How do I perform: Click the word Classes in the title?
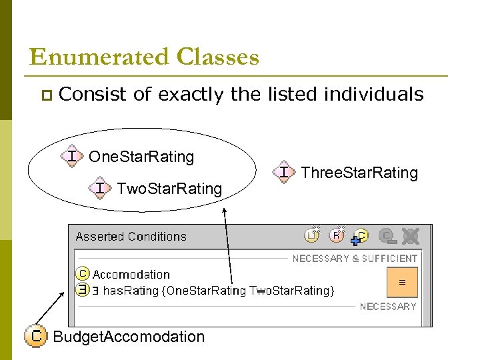(x=217, y=57)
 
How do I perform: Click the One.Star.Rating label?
(x=141, y=157)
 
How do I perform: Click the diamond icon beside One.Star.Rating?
(x=72, y=156)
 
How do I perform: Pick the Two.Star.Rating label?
(x=169, y=189)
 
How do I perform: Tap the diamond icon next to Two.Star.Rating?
(x=100, y=189)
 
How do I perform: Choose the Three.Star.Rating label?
(x=359, y=173)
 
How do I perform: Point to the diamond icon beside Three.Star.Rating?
(x=284, y=172)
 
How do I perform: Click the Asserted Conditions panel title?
(x=131, y=236)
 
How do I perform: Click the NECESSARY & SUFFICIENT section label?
(x=355, y=258)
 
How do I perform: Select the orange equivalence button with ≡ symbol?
(x=402, y=282)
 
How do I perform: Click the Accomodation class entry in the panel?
(x=131, y=274)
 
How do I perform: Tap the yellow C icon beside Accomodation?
(x=82, y=274)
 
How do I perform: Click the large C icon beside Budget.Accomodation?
(x=35, y=335)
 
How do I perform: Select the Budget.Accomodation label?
(x=129, y=336)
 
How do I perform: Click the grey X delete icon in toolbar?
(x=411, y=235)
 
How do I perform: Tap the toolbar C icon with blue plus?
(x=359, y=235)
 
